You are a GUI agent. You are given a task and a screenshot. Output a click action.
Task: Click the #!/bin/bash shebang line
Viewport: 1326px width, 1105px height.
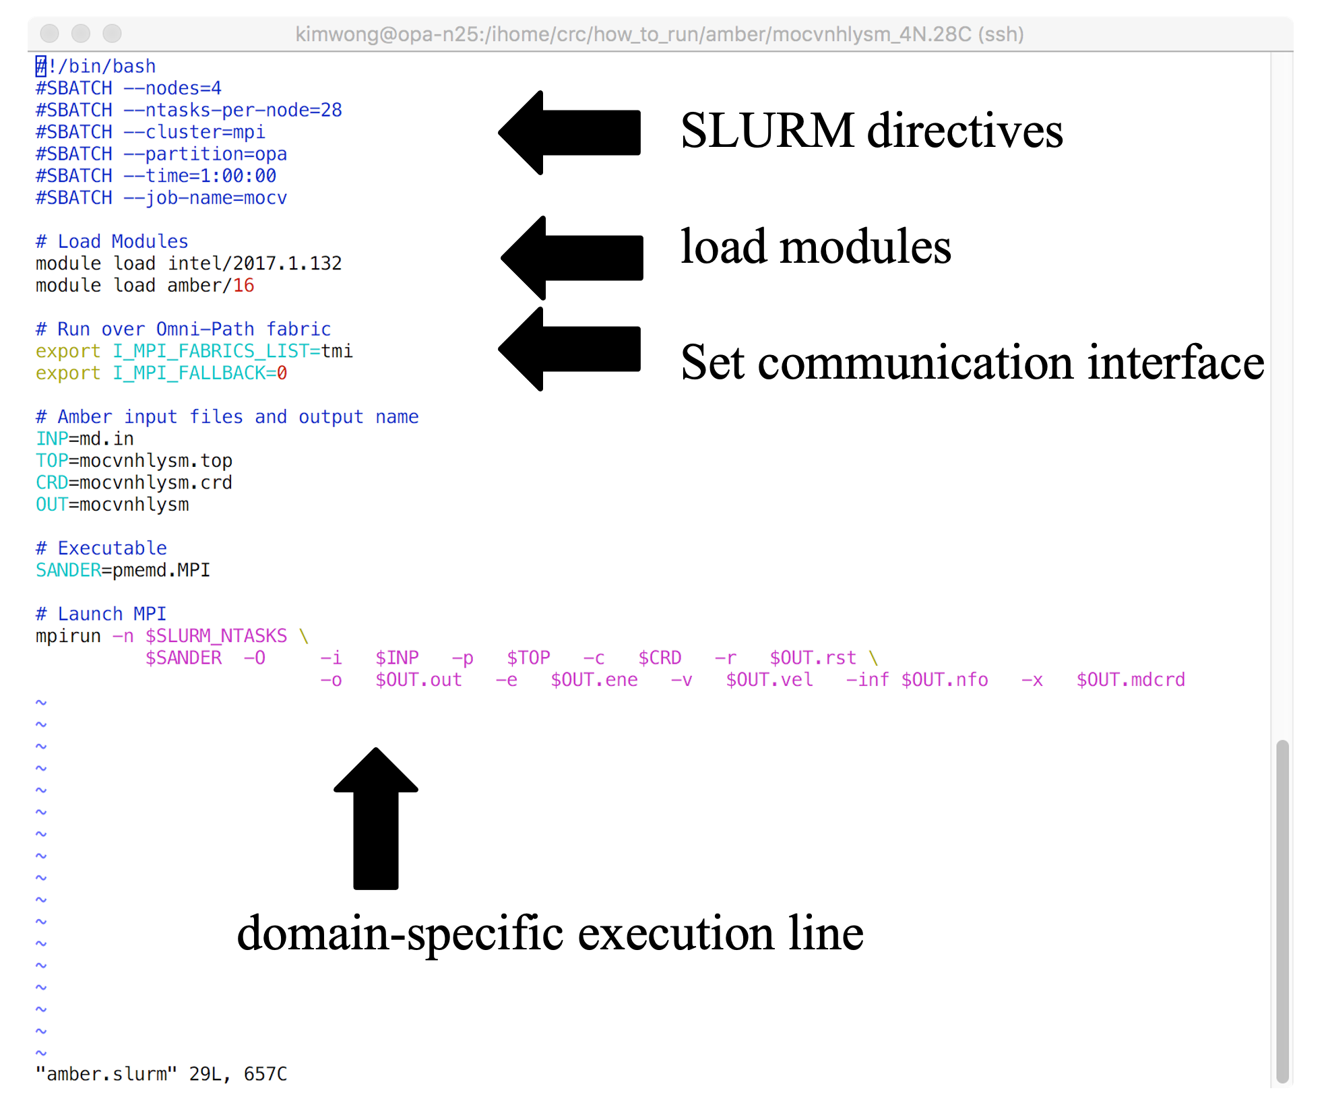[96, 66]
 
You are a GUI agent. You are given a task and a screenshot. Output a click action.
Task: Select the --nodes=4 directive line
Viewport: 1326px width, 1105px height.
[128, 88]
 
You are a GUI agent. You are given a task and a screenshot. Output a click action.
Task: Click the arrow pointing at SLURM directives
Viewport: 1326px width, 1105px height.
[569, 133]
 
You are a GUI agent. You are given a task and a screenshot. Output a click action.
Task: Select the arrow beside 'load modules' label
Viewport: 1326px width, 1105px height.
[572, 257]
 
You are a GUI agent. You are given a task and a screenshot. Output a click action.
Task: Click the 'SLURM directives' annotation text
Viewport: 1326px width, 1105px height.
[871, 130]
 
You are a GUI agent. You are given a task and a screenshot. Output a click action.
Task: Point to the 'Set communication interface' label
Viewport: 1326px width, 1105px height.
[972, 362]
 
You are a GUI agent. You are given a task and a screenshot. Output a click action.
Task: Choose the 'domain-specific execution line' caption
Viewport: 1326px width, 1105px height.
[550, 934]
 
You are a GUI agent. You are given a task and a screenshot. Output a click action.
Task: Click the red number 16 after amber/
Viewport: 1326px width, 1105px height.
[243, 286]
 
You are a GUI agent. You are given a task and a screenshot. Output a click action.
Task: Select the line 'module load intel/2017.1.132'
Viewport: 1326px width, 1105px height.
[189, 263]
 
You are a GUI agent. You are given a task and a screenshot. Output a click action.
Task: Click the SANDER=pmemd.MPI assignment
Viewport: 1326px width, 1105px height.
[123, 570]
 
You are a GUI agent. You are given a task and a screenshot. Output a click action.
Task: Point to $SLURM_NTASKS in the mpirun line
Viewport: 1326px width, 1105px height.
[216, 636]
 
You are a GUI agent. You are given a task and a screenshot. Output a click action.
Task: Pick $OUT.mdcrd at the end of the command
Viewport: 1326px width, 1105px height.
[1130, 680]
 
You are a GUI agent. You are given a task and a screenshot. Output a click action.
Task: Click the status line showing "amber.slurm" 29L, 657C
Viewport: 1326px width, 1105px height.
[161, 1074]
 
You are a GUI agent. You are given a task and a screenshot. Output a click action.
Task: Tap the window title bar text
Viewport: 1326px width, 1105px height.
[659, 34]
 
